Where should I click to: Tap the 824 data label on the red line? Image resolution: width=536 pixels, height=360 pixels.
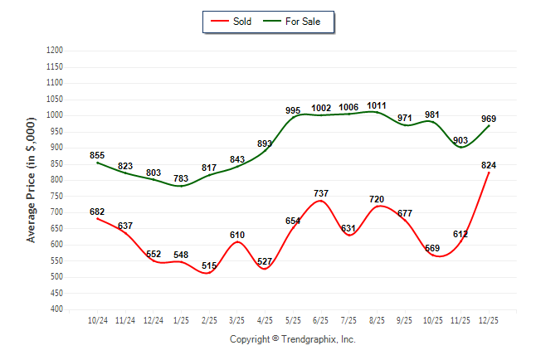(489, 165)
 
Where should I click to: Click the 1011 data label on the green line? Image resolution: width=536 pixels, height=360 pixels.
(377, 105)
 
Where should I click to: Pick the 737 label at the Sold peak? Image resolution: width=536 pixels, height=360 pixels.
(321, 193)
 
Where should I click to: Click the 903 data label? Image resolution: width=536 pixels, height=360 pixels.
(460, 140)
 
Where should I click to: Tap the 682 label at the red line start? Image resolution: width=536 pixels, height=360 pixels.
(97, 212)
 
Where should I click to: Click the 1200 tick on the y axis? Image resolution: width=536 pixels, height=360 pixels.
(56, 51)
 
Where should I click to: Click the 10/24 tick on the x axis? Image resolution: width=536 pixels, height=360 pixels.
(97, 319)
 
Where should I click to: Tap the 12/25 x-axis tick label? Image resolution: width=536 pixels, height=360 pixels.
(489, 319)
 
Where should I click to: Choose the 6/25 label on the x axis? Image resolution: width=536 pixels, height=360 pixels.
(321, 319)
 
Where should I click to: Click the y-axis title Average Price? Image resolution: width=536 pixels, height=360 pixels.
(32, 179)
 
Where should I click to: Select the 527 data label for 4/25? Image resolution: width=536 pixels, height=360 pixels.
(266, 262)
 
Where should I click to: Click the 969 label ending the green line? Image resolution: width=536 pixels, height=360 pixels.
(489, 119)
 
